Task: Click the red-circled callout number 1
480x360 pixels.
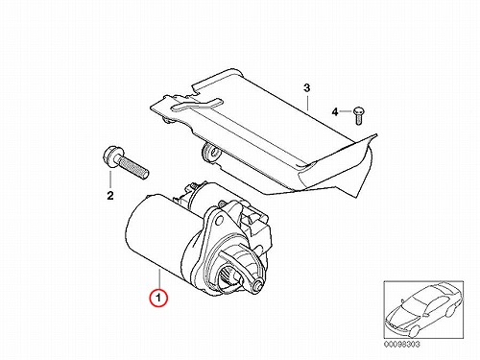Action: (159, 298)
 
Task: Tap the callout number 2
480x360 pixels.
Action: (110, 195)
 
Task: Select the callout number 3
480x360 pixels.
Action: (306, 87)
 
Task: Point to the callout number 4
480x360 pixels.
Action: (335, 112)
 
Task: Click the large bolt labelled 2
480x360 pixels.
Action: (126, 162)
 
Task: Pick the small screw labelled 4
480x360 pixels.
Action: (359, 115)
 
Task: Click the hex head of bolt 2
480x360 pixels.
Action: (112, 156)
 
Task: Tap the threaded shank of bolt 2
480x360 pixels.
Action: (134, 166)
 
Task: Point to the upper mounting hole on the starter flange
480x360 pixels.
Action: (219, 219)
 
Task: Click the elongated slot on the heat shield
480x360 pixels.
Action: (196, 106)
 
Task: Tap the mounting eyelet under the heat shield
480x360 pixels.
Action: (210, 152)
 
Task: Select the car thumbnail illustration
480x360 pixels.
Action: (423, 309)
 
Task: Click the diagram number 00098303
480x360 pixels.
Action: (401, 345)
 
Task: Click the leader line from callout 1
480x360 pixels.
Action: (159, 279)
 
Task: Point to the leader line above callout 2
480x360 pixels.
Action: (110, 180)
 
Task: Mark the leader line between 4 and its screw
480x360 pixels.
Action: (346, 111)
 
